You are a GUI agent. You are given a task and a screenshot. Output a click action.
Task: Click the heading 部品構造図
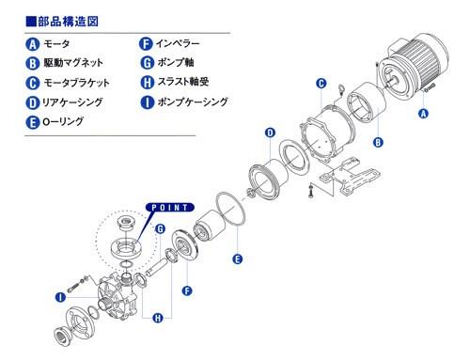(x=68, y=22)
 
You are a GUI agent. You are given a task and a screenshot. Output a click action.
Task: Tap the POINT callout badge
(x=170, y=208)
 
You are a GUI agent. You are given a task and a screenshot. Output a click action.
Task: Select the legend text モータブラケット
(x=76, y=83)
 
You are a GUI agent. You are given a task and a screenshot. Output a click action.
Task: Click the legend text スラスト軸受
(x=183, y=82)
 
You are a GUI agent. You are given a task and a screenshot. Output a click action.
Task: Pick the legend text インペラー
(x=178, y=43)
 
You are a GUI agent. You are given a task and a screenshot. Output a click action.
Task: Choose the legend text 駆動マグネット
(x=73, y=63)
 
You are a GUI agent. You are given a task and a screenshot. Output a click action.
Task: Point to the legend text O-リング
(x=63, y=121)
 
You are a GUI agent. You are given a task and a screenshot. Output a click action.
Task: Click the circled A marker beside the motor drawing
(x=423, y=113)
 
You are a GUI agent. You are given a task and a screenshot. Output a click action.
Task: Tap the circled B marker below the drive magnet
(x=378, y=143)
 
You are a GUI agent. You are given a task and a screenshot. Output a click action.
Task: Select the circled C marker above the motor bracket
(x=321, y=84)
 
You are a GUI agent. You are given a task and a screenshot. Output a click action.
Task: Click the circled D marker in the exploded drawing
(x=270, y=133)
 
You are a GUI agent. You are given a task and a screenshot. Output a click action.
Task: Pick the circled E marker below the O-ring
(x=238, y=259)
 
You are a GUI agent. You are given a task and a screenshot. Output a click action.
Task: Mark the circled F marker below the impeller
(x=187, y=290)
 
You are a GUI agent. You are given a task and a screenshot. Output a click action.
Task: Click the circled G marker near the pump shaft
(x=160, y=229)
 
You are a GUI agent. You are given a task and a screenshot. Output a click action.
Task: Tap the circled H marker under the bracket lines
(x=158, y=319)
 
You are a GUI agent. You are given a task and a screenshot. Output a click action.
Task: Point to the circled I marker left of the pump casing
(x=60, y=297)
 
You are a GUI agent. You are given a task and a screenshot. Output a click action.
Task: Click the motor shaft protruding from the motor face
(x=392, y=82)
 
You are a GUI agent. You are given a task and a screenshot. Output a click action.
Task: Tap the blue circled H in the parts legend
(x=147, y=83)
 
